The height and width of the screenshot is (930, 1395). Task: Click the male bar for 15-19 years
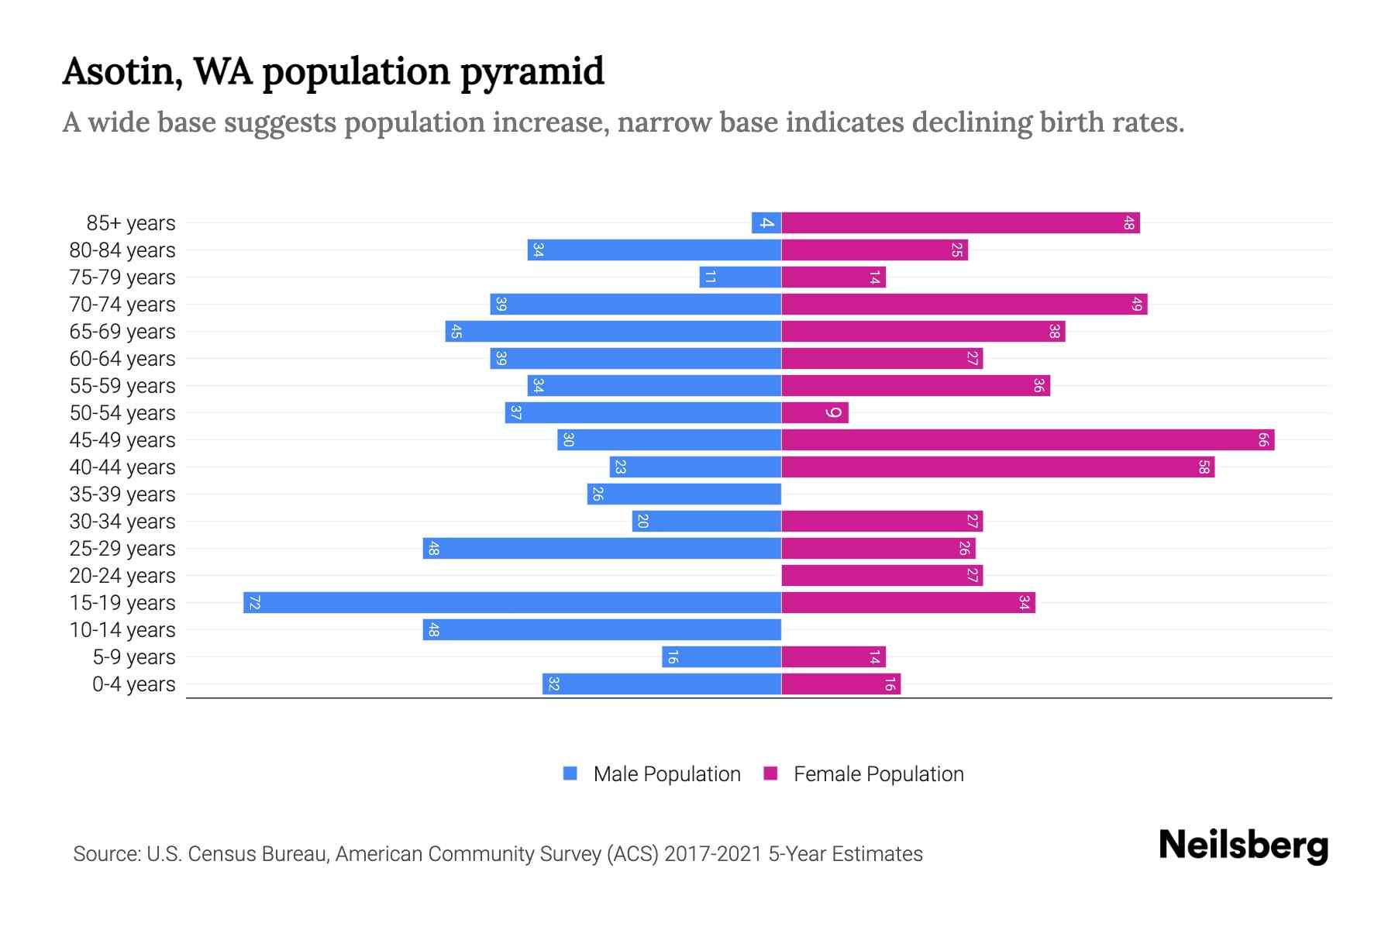point(511,602)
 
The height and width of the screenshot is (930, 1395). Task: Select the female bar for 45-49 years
point(1027,439)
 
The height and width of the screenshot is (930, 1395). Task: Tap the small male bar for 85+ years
point(766,222)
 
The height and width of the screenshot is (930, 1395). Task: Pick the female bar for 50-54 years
point(814,412)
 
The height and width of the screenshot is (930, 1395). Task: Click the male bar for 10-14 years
point(601,629)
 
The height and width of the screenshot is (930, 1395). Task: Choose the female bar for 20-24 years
point(881,575)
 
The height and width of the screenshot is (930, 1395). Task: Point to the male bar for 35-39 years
point(684,494)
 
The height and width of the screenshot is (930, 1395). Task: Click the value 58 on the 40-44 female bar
point(1204,467)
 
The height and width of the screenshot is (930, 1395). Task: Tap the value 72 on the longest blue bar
point(254,602)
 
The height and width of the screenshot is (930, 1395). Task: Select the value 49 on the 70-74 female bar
point(1136,304)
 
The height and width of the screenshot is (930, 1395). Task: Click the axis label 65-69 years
point(122,332)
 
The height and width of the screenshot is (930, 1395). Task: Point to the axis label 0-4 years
point(133,684)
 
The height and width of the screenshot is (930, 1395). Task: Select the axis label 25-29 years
point(122,549)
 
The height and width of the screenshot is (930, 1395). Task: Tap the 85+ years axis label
point(131,223)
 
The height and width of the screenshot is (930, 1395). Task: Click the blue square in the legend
point(570,773)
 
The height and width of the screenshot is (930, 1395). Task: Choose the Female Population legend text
point(878,773)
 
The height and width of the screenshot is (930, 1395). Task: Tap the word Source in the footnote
point(105,854)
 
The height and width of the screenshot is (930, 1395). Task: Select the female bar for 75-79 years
point(833,277)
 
